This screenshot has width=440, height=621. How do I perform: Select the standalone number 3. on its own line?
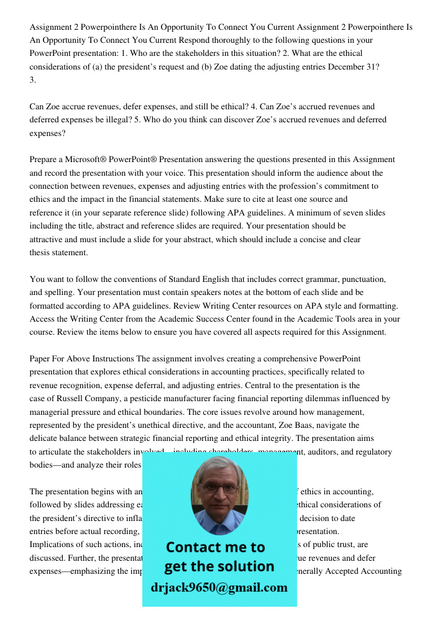pyautogui.click(x=33, y=80)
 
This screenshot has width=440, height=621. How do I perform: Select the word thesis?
pyautogui.click(x=41, y=253)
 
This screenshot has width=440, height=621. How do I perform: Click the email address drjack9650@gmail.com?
pyautogui.click(x=219, y=587)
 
